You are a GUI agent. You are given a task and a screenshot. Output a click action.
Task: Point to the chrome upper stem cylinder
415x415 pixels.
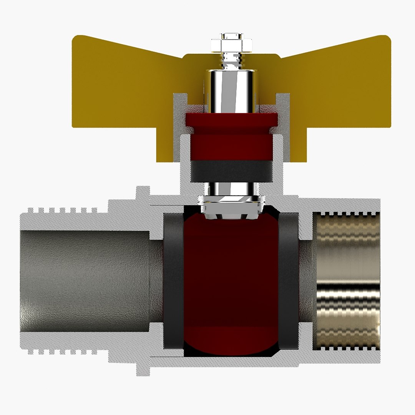coord(231,90)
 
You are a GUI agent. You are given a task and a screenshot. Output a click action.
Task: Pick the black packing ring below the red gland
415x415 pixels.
coord(231,171)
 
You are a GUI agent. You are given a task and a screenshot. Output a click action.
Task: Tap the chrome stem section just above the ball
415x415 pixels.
coord(231,188)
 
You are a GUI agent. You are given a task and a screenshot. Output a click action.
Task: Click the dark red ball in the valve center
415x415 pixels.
coord(231,281)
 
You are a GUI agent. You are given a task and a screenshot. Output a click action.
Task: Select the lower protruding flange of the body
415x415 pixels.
coord(143,367)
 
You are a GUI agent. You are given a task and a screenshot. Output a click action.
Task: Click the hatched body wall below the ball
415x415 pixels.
coord(231,360)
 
